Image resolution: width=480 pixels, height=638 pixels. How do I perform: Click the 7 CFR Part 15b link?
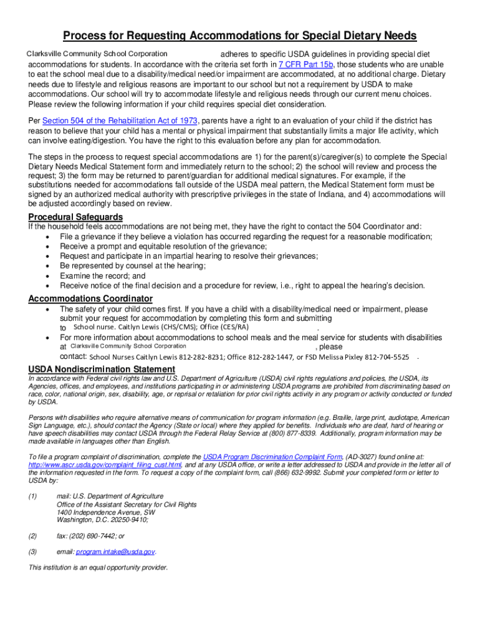tap(306, 64)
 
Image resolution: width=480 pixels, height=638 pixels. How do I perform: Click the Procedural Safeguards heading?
tap(75, 216)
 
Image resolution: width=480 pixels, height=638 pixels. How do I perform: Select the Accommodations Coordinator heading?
tap(90, 298)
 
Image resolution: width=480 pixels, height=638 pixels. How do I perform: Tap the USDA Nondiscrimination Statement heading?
tap(102, 369)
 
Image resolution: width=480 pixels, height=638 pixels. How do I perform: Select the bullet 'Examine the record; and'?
tap(102, 275)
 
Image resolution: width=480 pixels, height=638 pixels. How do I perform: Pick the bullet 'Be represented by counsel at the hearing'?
tap(132, 265)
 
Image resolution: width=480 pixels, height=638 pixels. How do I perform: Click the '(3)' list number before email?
tap(32, 551)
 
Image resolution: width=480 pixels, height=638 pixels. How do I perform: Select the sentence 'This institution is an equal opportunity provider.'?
tap(98, 568)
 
